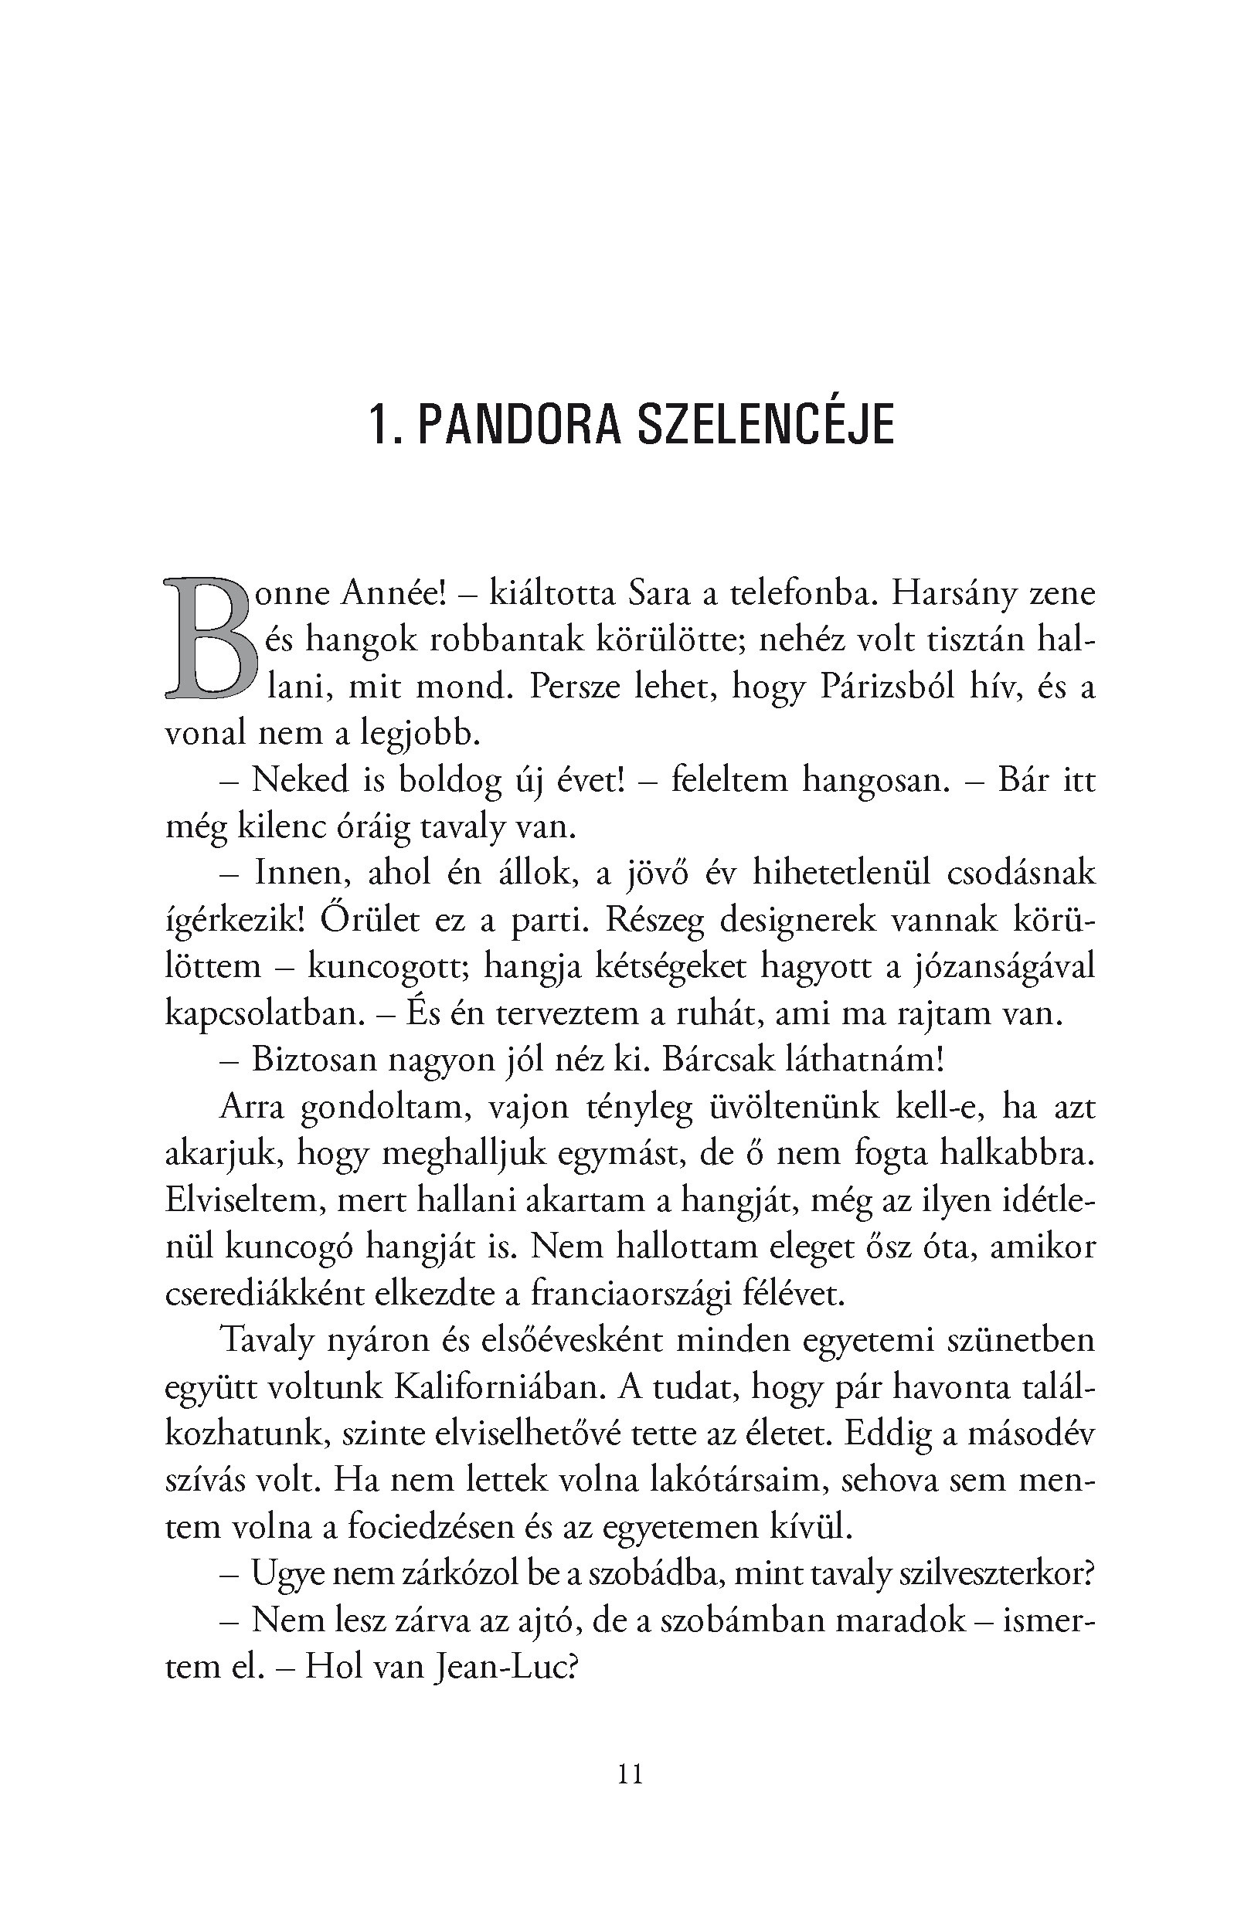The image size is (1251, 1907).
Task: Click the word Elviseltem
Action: tap(243, 1200)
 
